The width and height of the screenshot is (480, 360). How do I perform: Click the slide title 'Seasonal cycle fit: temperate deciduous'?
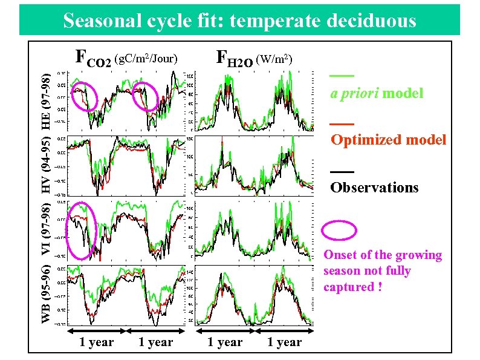pos(239,21)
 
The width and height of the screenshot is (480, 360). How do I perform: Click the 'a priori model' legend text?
pos(376,94)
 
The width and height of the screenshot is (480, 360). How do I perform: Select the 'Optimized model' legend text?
pos(388,140)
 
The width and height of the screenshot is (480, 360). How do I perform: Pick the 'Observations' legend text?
pos(374,187)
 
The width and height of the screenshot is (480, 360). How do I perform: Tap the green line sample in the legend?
pos(342,76)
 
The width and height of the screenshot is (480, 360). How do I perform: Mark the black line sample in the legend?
pos(342,171)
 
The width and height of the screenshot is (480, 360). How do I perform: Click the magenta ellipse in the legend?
pos(343,231)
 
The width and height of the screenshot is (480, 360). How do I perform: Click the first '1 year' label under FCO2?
pos(97,342)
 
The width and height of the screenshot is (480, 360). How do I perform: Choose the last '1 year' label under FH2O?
pos(284,342)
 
